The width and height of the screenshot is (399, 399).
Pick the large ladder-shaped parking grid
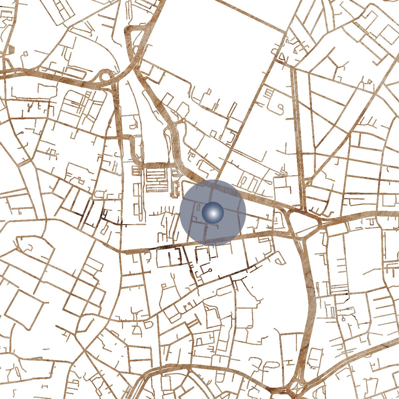click(157, 180)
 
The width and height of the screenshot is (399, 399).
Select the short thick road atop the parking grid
click(156, 165)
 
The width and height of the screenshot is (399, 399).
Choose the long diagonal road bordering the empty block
click(253, 110)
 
